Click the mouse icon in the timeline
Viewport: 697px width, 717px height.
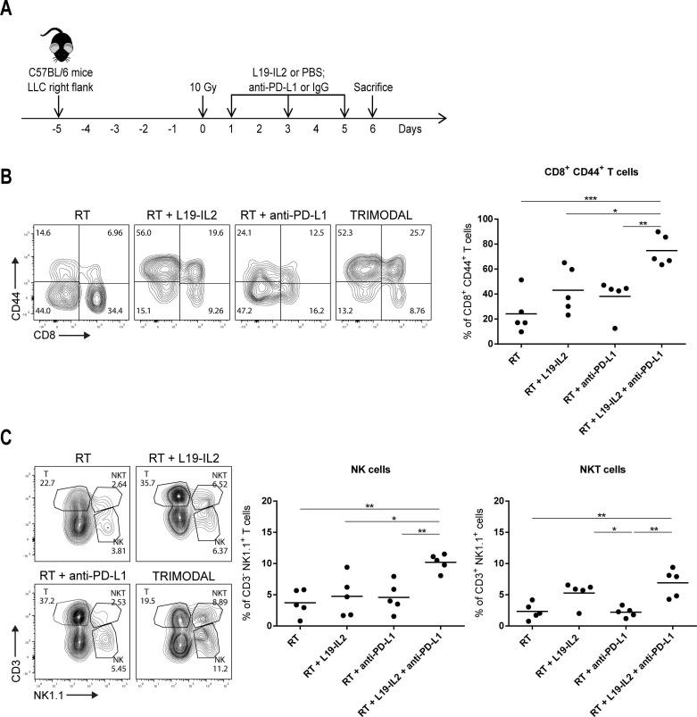point(56,46)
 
